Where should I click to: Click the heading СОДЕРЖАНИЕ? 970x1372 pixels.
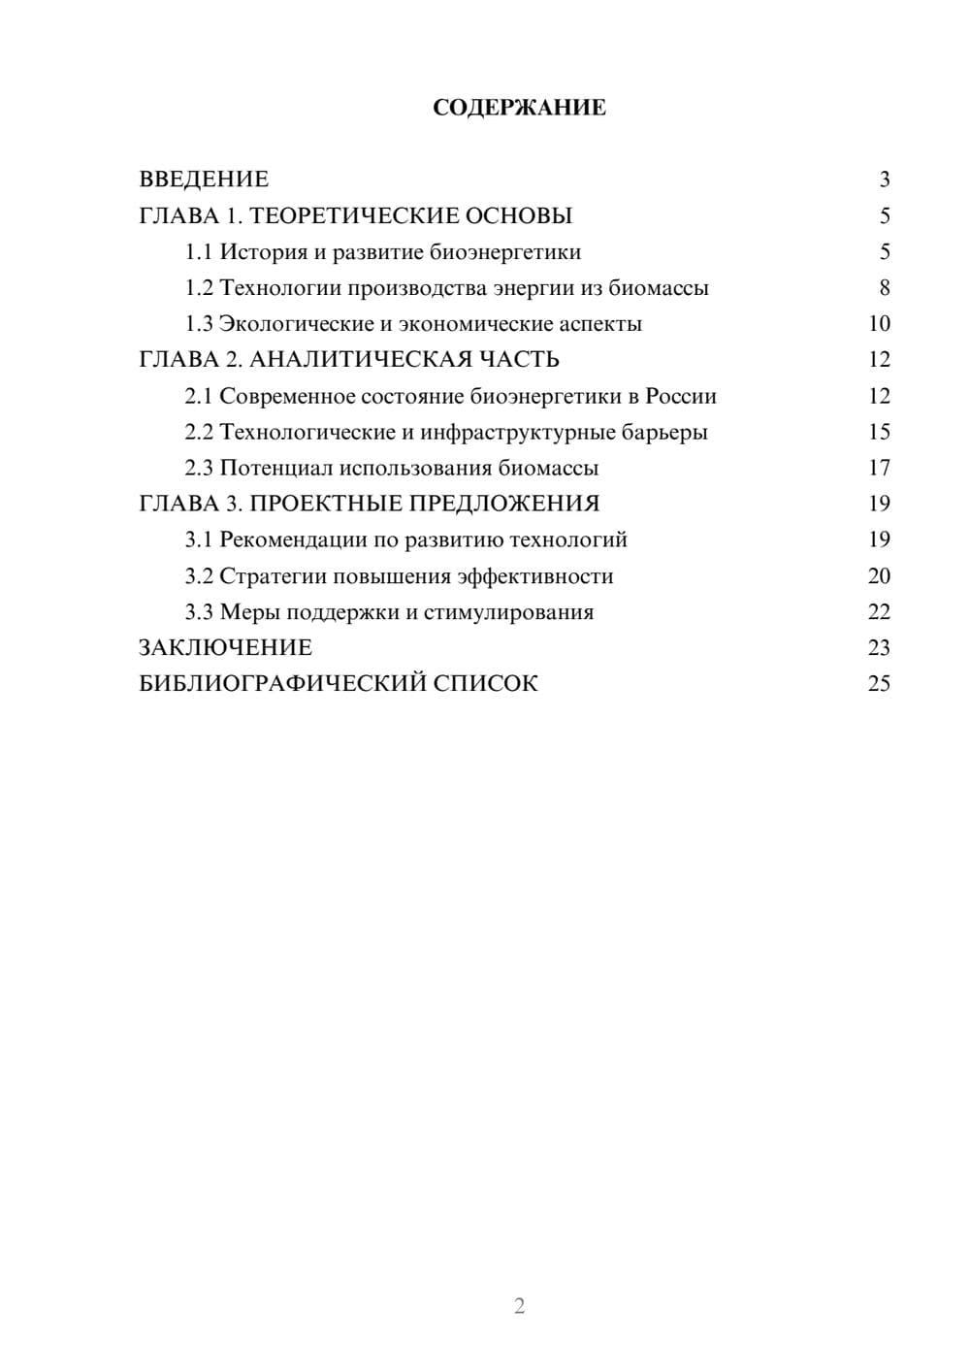click(x=519, y=108)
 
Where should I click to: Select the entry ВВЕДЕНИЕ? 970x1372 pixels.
click(x=204, y=180)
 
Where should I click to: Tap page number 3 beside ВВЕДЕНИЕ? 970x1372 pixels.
click(x=884, y=180)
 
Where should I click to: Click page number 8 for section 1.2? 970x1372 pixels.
click(x=884, y=288)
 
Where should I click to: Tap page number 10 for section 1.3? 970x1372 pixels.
click(x=879, y=324)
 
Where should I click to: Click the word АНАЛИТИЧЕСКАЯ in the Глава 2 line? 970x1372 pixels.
click(x=360, y=360)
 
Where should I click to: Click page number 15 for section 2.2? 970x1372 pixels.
click(x=879, y=432)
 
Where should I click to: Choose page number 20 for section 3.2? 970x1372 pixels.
click(x=879, y=576)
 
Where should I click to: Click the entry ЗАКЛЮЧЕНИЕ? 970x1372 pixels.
click(x=226, y=647)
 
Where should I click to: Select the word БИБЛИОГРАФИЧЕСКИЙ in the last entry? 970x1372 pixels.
click(x=282, y=683)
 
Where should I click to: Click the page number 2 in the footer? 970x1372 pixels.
click(x=519, y=1306)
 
